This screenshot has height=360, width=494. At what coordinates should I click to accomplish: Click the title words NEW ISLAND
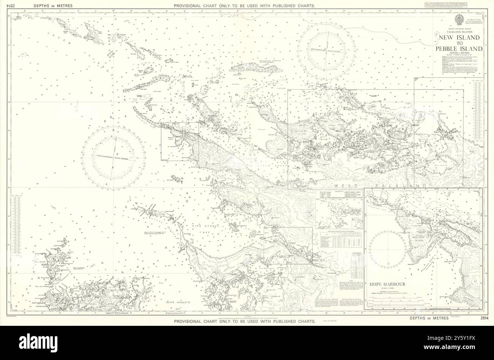click(461, 38)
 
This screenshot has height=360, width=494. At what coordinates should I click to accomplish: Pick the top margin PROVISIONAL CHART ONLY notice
click(244, 6)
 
